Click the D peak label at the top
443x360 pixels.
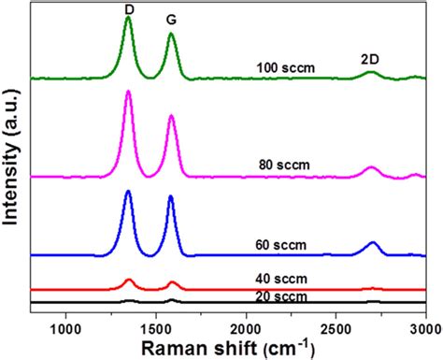128,8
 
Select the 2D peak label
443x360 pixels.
370,59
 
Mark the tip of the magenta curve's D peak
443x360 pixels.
128,92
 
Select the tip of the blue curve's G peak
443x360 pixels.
171,196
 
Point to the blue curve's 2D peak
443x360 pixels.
373,243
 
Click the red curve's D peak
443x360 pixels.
128,280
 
